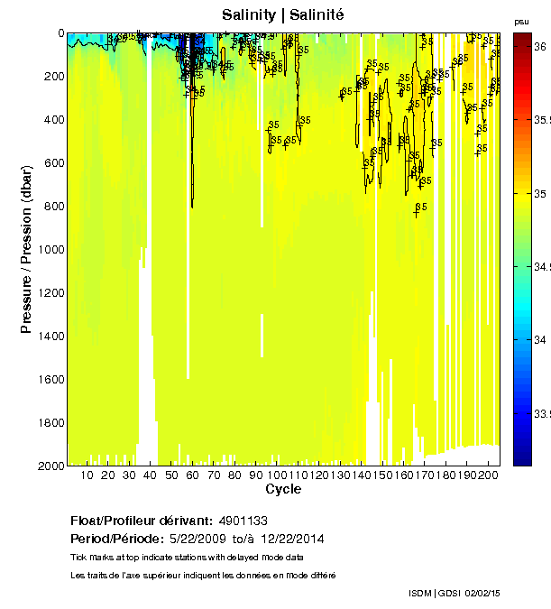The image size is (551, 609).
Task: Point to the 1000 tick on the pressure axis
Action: pos(51,249)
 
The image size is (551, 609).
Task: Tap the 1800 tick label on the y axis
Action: pos(51,422)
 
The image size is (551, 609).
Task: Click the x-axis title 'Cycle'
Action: pos(283,489)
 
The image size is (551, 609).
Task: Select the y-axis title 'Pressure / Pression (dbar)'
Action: pos(26,249)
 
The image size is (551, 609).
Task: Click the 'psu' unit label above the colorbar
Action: pos(521,20)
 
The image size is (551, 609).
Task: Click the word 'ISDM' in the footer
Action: pos(420,593)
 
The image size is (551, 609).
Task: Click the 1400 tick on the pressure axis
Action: pos(51,336)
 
